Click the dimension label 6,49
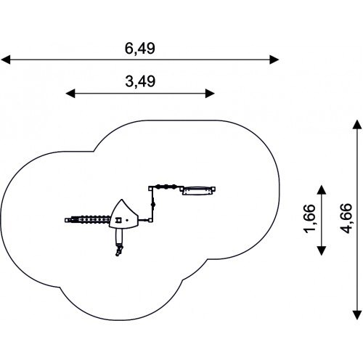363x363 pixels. point(140,49)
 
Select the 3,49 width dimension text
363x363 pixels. point(140,81)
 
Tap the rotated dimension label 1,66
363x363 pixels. point(309,219)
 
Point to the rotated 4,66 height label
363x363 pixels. point(346,219)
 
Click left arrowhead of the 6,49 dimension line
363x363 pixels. point(5,60)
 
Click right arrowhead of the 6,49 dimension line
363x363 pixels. point(274,60)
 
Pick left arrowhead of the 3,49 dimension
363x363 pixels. point(70,94)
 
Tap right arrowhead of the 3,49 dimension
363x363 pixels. point(210,94)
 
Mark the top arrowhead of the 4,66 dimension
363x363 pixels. point(357,124)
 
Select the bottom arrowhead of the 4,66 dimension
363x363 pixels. point(357,315)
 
